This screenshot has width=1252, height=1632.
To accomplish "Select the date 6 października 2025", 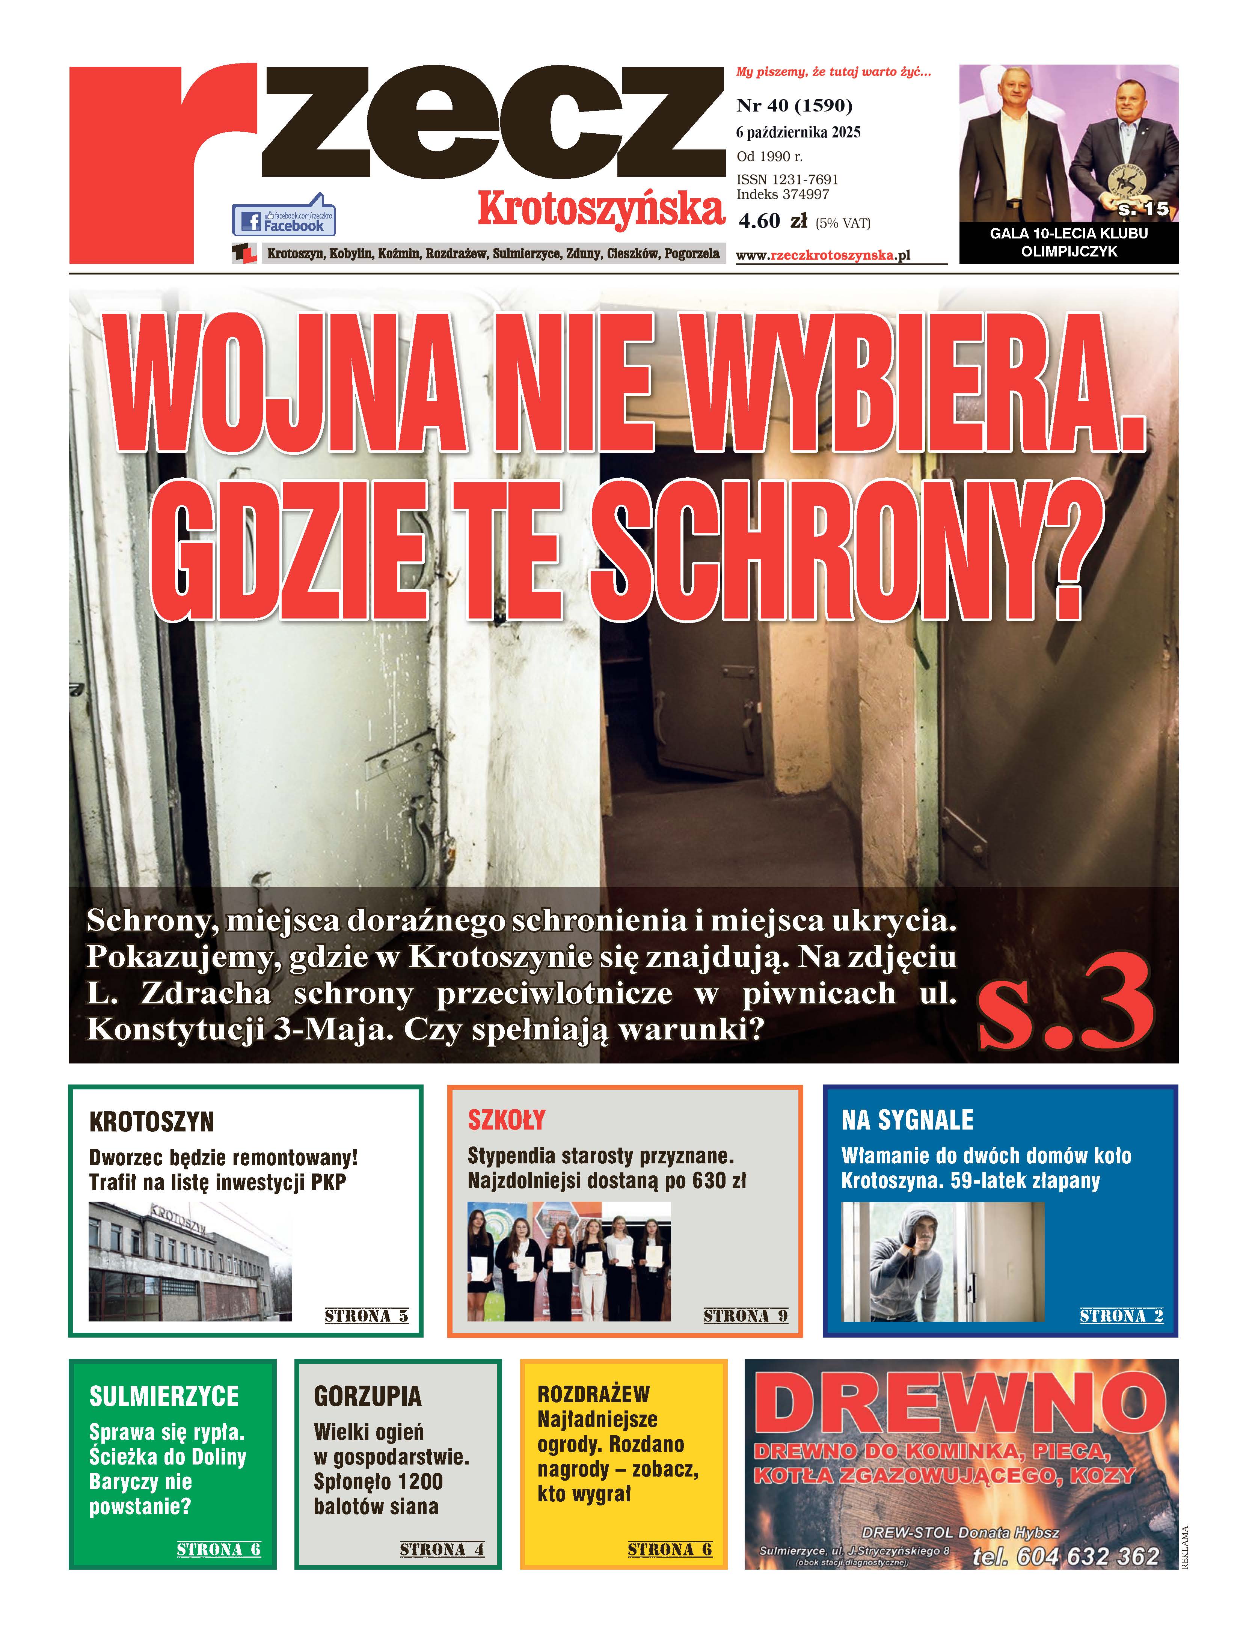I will (x=797, y=133).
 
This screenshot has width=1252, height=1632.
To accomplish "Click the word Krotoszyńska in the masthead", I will (x=601, y=210).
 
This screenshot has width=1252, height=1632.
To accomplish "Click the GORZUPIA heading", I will (x=367, y=1396).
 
